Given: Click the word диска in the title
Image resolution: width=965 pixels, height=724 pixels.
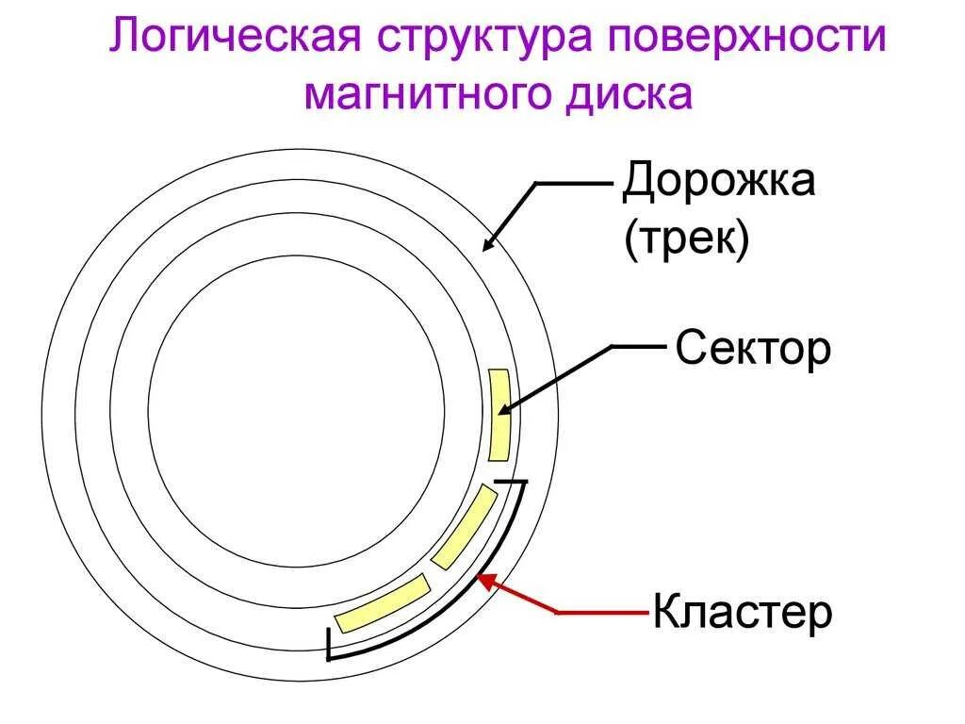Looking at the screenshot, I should point(632,94).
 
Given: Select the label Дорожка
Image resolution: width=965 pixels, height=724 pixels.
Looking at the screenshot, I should point(718,181).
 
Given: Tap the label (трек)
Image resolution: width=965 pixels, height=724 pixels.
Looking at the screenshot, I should point(686,239).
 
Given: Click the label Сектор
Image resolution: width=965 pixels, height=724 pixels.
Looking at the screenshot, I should point(753,350).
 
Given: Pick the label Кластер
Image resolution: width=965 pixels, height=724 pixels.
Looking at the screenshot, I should point(743,614).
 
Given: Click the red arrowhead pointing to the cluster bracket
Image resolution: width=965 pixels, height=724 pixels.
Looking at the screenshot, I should point(485,581).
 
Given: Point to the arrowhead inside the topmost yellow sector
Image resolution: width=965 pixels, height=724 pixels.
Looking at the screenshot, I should point(504,408).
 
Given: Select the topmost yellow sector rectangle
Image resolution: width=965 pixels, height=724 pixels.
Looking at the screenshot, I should point(500,415).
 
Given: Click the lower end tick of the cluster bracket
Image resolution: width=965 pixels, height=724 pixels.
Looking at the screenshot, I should point(328,644).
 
